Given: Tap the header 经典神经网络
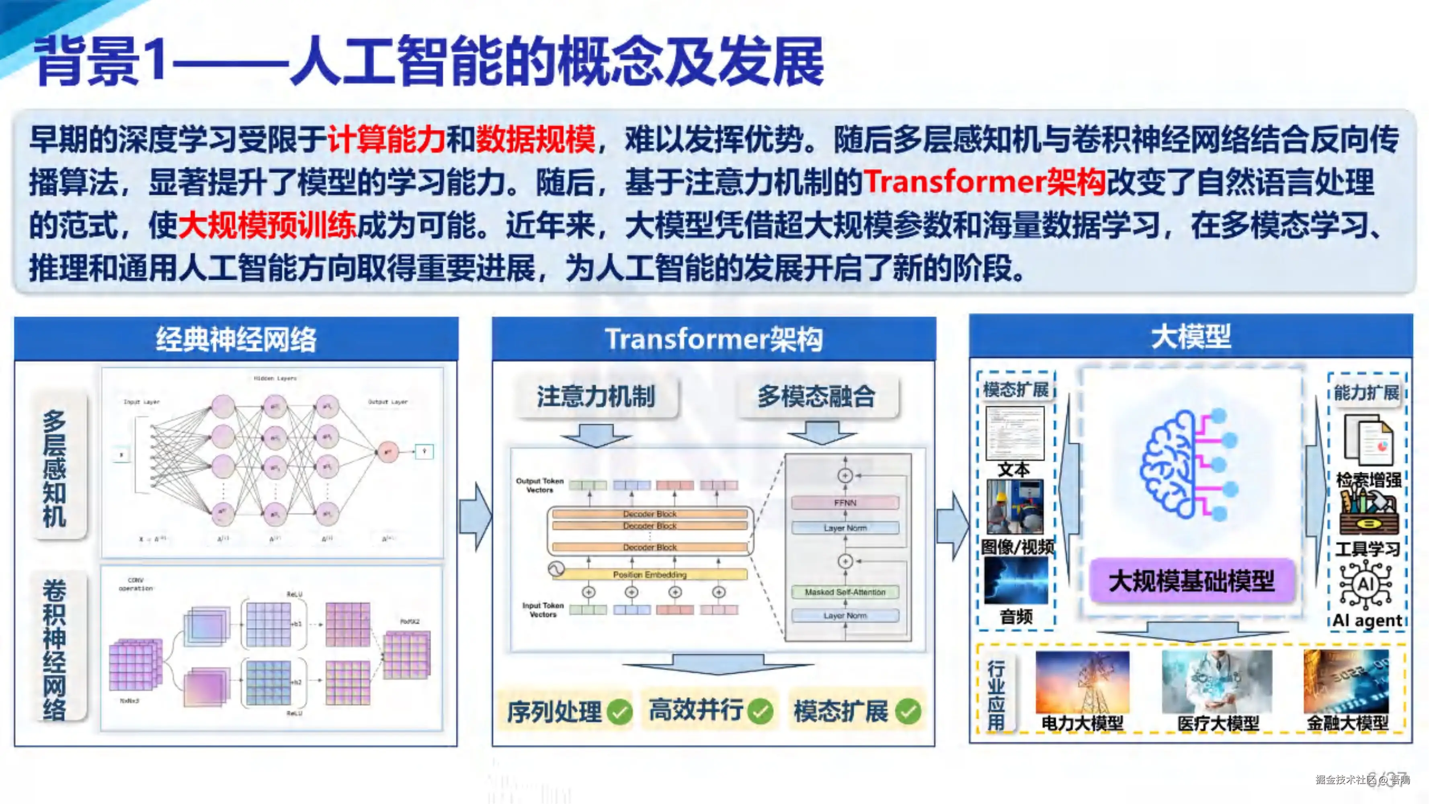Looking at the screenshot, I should (x=236, y=339).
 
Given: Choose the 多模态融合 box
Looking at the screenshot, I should (x=816, y=397).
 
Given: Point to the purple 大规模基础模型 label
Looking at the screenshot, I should (x=1191, y=581).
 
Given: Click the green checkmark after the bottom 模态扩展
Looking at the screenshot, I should (x=908, y=711).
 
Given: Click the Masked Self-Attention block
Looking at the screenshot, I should (x=845, y=592).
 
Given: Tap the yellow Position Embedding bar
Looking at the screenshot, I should (x=649, y=574).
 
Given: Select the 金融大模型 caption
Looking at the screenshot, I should (x=1347, y=723).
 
